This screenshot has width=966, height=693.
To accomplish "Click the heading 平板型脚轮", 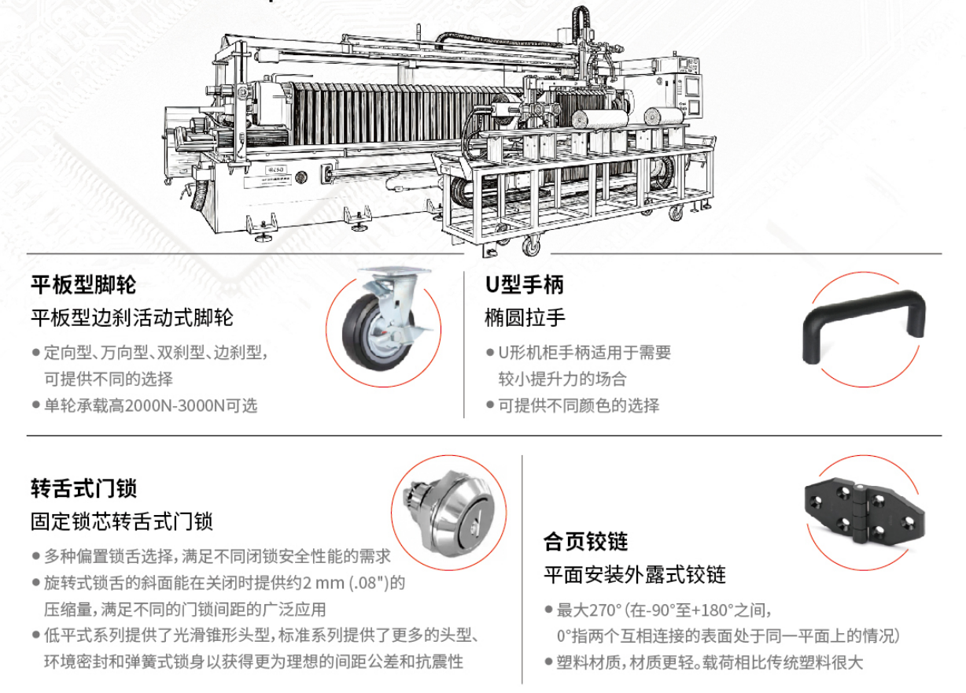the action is point(83,284).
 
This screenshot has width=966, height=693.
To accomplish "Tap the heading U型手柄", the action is point(525,284).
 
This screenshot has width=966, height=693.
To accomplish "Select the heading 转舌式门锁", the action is point(83,488).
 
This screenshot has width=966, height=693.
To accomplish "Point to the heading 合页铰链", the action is point(585,542).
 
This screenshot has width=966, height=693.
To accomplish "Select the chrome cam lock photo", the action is point(448,513).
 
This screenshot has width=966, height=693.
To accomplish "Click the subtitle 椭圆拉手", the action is point(525,318).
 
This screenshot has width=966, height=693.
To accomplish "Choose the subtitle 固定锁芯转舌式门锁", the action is point(122,521).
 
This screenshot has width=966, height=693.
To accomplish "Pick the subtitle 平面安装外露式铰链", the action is point(635,574).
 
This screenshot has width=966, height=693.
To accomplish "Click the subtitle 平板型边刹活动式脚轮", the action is point(132,318).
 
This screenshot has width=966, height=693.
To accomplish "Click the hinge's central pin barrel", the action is point(860,513).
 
